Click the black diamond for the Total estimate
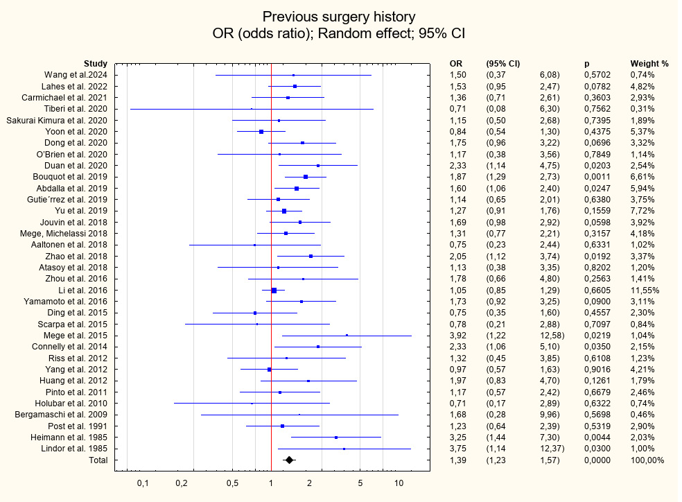point(289,460)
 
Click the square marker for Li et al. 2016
point(274,291)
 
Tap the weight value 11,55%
point(645,291)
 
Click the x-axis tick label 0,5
point(232,483)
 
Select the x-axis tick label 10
point(399,483)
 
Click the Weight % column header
point(649,64)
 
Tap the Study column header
point(96,64)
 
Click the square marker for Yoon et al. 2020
point(261,132)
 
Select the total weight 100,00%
point(647,460)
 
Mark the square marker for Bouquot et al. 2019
point(306,177)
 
